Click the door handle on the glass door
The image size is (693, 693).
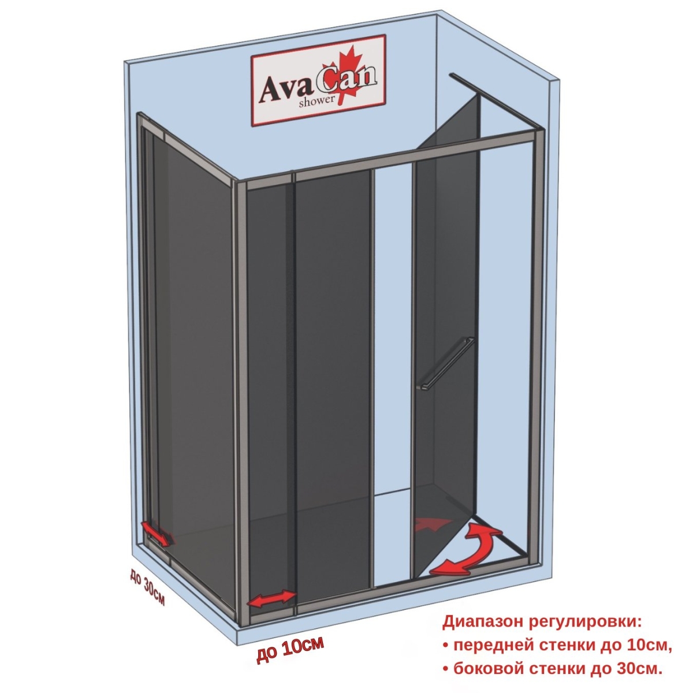(445, 363)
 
